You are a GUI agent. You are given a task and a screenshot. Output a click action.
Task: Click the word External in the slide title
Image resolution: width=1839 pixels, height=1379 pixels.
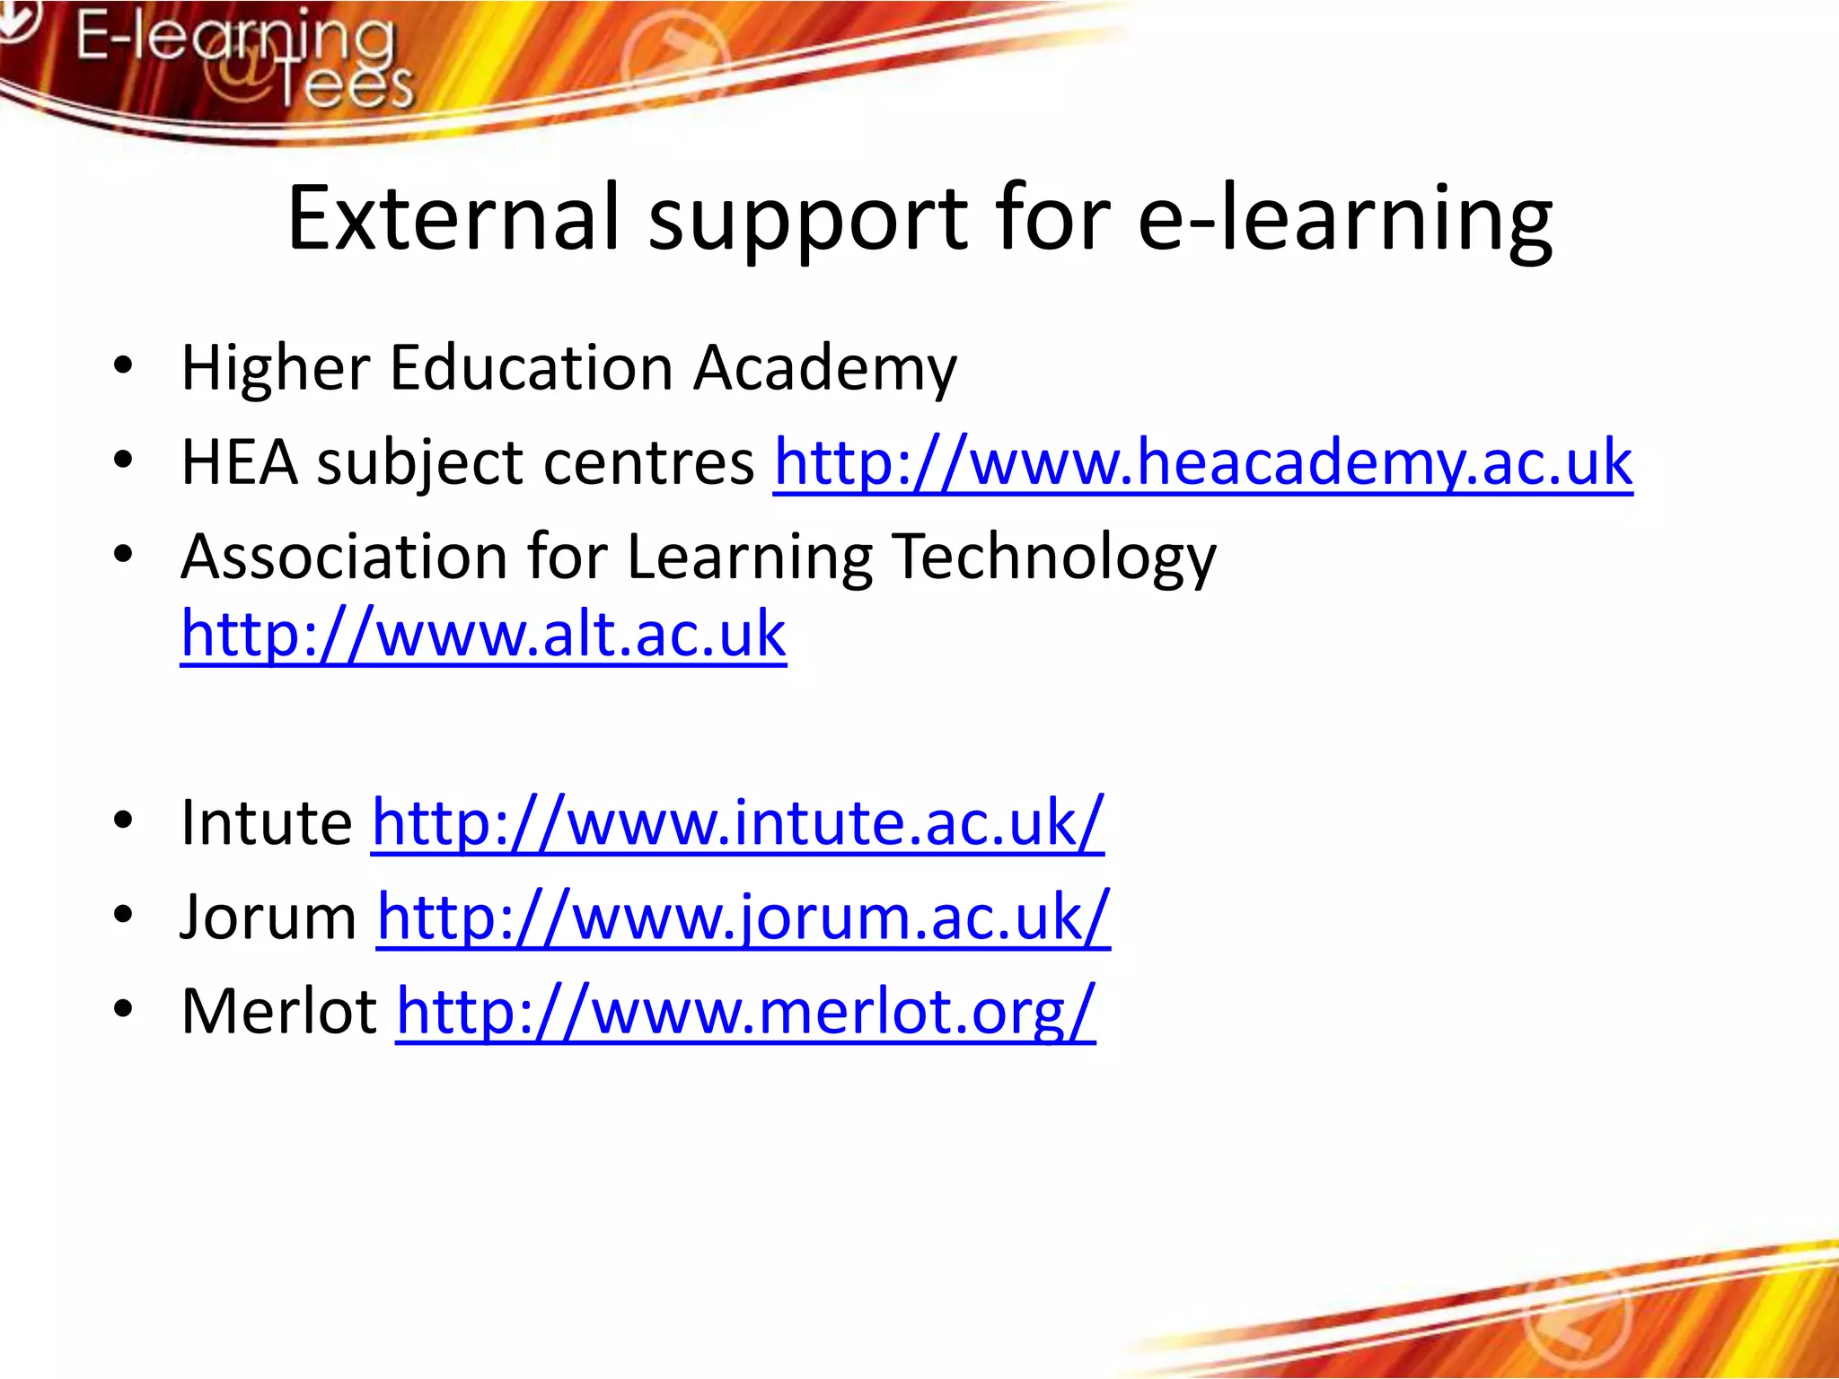[x=453, y=218]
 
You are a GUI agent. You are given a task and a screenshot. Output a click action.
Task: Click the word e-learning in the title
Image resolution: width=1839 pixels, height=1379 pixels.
[x=1344, y=218]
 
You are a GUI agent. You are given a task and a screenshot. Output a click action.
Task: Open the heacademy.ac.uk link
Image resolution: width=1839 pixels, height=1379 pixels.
[x=1202, y=463]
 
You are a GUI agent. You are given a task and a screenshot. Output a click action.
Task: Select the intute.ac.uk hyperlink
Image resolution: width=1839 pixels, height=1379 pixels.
[x=737, y=822]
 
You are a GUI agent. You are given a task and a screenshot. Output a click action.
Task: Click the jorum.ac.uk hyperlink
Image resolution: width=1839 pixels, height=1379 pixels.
[x=743, y=918]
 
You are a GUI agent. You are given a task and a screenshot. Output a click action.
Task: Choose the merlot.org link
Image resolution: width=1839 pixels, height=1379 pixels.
[x=745, y=1012]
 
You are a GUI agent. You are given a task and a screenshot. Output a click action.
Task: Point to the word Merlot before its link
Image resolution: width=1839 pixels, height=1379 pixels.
[x=278, y=1012]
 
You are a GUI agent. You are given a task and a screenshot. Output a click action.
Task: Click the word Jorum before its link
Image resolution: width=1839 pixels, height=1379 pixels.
[x=268, y=918]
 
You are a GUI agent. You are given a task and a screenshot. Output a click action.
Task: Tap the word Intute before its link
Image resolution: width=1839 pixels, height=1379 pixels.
[x=267, y=822]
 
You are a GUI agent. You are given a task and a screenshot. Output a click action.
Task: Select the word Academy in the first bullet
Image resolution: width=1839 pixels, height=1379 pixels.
[x=825, y=368]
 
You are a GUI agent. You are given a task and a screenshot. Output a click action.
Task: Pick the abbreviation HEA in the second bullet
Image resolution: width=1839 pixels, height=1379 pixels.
[x=239, y=463]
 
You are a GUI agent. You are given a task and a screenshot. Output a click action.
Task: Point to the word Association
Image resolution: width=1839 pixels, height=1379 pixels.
[x=344, y=557]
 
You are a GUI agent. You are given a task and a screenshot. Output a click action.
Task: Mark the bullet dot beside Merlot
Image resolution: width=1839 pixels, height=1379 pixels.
[x=123, y=1009]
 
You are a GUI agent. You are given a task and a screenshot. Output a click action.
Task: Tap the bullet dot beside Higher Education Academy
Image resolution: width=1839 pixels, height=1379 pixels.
[x=123, y=365]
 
